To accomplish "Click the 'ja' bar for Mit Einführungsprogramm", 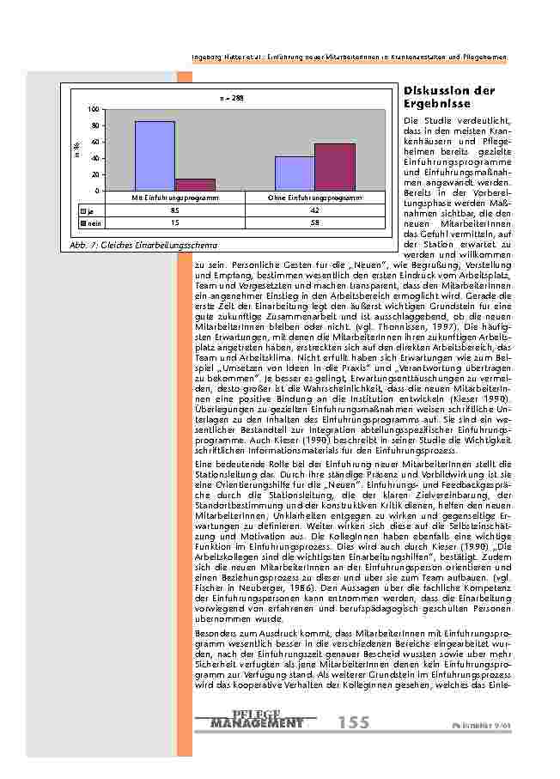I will point(155,155).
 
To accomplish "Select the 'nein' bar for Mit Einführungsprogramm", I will point(195,184).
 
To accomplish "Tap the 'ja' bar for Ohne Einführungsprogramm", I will point(295,173).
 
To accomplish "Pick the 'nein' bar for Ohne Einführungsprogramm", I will point(335,167).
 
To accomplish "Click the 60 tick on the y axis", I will point(94,142).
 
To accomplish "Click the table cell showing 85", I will point(174,210).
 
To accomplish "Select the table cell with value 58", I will point(314,222).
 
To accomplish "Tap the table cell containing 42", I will point(314,210).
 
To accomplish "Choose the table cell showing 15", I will point(174,222).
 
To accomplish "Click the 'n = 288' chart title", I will point(232,98).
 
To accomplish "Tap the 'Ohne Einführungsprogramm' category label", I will point(314,198).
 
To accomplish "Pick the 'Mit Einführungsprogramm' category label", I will point(174,198).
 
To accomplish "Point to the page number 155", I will point(354,723).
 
